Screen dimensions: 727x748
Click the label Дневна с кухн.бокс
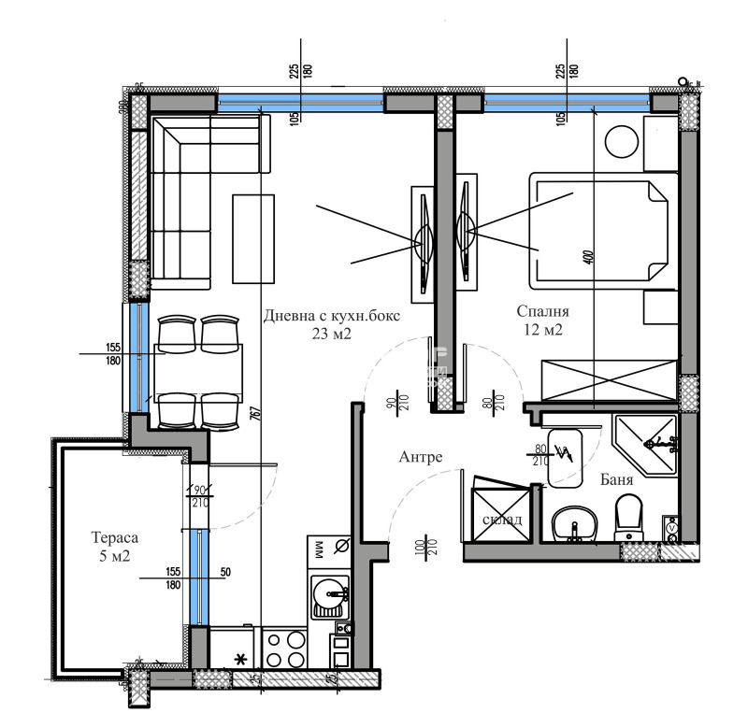332,316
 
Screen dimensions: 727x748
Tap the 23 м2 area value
332,335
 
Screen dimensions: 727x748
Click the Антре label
420,457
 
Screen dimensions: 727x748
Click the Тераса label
116,538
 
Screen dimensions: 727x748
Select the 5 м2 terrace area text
116,557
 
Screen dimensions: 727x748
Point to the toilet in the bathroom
629,517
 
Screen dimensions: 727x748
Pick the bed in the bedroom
598,229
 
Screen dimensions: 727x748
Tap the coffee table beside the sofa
254,238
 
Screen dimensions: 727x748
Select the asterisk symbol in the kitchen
240,660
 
